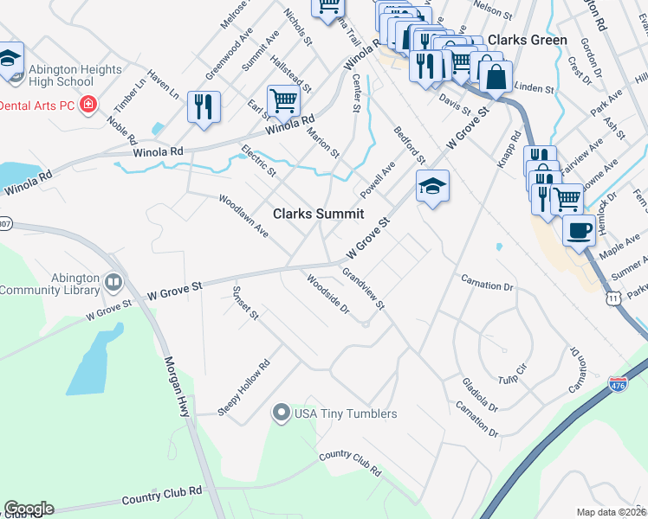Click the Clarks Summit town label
[318, 214]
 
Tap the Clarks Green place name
[528, 40]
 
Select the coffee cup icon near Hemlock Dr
[579, 231]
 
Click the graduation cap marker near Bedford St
[431, 185]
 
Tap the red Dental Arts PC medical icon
[87, 105]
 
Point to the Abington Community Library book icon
[113, 283]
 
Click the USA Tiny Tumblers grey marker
[281, 413]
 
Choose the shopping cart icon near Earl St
[283, 100]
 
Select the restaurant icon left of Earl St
[204, 107]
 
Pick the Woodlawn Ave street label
[243, 216]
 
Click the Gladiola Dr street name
[480, 394]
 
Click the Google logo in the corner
[29, 509]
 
